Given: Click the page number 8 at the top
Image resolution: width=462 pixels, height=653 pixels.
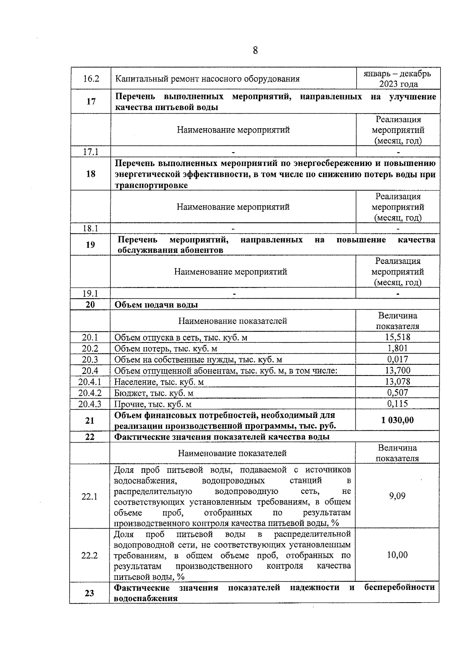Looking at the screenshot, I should (255, 50).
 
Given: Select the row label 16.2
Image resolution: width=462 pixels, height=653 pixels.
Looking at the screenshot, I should (91, 79).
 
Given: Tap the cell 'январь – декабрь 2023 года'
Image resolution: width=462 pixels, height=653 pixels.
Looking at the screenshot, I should (397, 78).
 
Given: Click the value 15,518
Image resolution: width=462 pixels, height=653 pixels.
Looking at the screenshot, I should (398, 337).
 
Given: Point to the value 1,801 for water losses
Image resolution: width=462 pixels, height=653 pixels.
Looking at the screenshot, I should (398, 348).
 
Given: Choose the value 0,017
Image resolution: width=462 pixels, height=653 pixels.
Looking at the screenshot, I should (398, 359).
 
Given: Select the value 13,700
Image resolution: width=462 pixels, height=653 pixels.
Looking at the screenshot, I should (398, 370).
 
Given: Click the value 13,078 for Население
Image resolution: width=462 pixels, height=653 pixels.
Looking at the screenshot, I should (398, 381).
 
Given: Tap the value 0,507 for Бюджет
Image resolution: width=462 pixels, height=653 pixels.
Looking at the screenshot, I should (398, 392).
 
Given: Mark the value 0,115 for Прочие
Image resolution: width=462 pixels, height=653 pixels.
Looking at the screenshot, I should (398, 403).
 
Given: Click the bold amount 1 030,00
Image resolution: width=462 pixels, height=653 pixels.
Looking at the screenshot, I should (397, 420).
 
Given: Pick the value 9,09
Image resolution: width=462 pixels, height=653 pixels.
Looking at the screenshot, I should (397, 496).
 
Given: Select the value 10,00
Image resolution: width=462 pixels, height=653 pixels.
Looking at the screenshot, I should (397, 554).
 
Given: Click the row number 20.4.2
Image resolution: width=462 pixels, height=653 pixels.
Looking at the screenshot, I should (90, 393).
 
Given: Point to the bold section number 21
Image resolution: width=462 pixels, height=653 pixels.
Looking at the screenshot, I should (90, 420).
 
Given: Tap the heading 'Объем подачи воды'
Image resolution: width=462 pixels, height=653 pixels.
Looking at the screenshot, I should (156, 305).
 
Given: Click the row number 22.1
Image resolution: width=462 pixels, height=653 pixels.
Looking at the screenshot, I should (89, 496).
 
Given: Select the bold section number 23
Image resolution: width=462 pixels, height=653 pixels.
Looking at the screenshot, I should (89, 593).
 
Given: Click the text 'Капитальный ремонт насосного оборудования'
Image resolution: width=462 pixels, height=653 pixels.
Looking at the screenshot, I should (207, 79).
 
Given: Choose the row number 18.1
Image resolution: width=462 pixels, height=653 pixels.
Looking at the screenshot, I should (91, 228).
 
